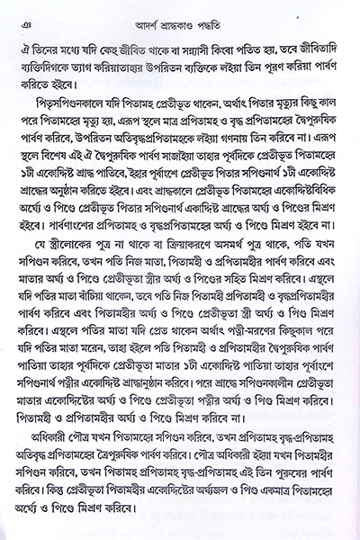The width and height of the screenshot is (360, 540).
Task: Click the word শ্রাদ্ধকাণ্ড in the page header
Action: tap(178, 13)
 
